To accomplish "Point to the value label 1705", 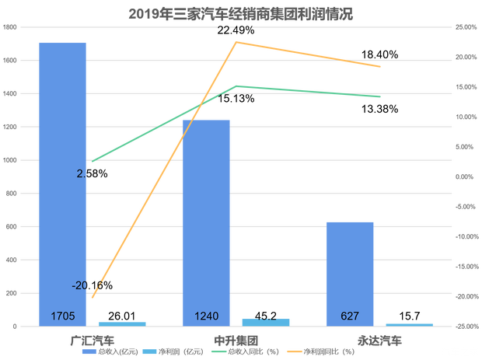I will (62, 316).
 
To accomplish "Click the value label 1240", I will (207, 316).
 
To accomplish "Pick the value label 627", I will (350, 316).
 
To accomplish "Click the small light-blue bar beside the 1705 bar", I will (122, 322).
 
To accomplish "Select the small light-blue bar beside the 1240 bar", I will (266, 320).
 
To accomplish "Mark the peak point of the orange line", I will (236, 40).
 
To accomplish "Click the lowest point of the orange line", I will (93, 297).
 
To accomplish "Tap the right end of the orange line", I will (379, 67).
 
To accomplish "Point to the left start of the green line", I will (93, 162).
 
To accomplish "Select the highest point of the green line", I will (236, 86).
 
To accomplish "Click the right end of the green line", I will (379, 97).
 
